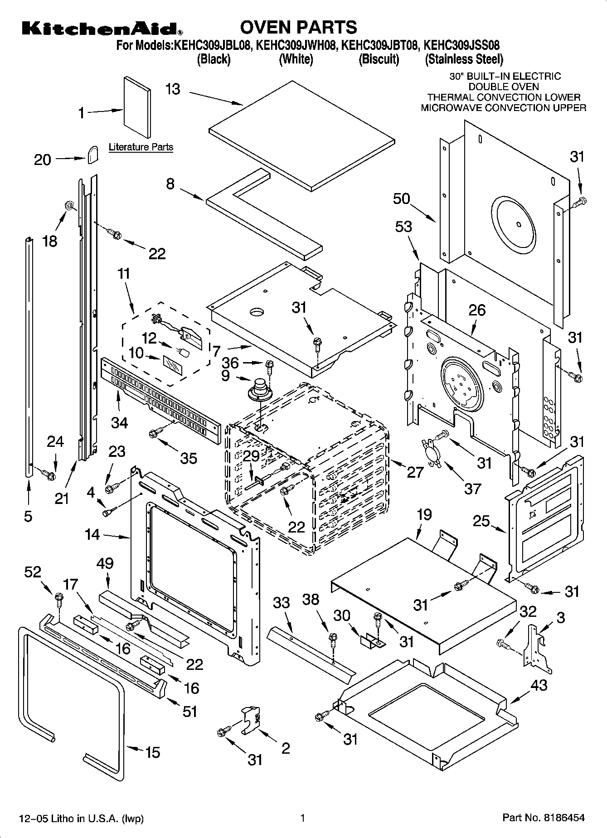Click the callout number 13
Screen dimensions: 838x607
[x=173, y=89]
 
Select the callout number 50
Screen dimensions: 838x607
[x=401, y=199]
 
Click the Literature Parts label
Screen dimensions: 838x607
[x=141, y=147]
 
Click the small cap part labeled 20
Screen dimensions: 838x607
[x=93, y=154]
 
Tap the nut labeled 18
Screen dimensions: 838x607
[x=70, y=205]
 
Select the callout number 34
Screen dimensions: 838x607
[x=119, y=422]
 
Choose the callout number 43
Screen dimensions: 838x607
[x=539, y=685]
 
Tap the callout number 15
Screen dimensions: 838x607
[x=152, y=752]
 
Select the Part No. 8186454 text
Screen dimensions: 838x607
[x=544, y=818]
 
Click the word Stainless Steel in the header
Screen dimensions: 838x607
[x=464, y=59]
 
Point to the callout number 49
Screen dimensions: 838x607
[x=105, y=563]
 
